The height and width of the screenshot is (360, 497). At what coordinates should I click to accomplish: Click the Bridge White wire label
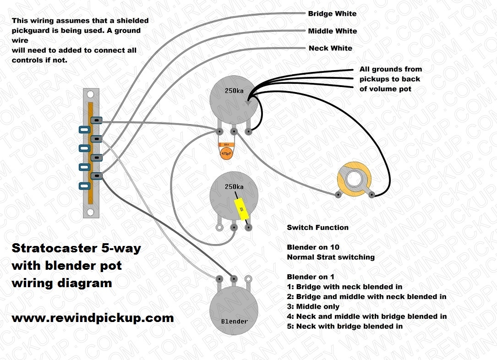pos(333,14)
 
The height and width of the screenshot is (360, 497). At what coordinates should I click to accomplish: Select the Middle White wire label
pos(333,31)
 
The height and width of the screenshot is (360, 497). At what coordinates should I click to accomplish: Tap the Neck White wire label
pos(330,48)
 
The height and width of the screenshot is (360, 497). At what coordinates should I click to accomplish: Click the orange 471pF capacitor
pos(226,153)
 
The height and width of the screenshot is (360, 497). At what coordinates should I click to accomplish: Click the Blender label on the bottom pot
pos(234,321)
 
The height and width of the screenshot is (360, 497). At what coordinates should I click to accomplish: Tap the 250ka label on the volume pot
pos(234,91)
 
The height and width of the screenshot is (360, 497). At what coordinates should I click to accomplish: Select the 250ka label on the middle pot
pos(234,187)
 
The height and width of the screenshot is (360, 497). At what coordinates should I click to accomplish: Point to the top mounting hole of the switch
pos(91,94)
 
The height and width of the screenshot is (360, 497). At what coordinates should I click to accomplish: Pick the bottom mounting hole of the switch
pos(91,212)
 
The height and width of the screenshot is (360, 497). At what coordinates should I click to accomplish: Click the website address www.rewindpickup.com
pos(93,318)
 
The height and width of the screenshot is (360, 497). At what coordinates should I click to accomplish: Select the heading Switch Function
pos(317,228)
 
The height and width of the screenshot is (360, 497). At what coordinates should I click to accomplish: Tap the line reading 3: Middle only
pos(313,306)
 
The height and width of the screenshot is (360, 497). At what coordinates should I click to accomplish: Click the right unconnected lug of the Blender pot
pos(248,278)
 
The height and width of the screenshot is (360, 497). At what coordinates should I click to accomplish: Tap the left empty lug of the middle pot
pos(220,226)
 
